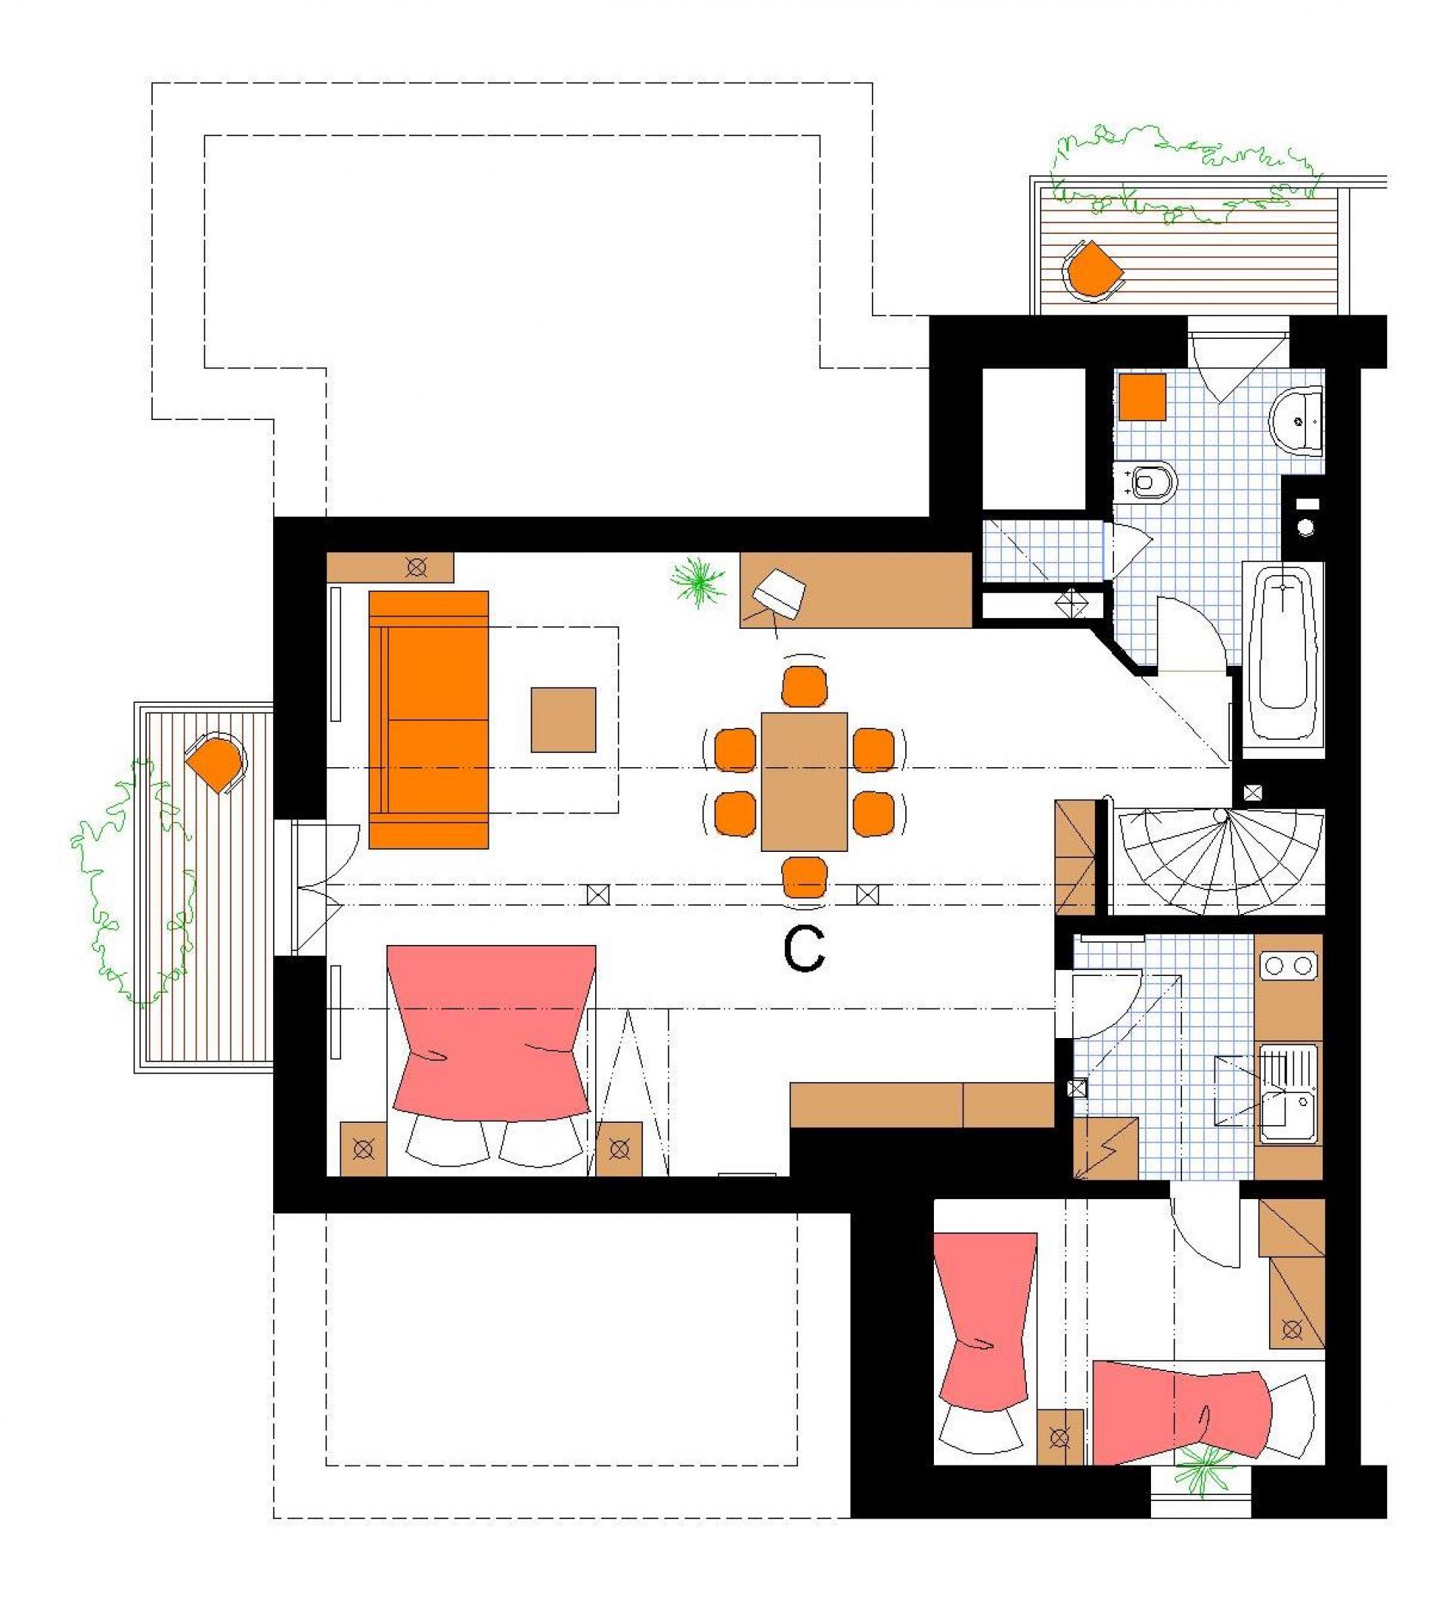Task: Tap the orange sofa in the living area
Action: pyautogui.click(x=429, y=720)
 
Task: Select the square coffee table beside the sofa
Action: pyautogui.click(x=563, y=720)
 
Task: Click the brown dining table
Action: pyautogui.click(x=804, y=782)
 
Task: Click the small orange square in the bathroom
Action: pyautogui.click(x=1143, y=396)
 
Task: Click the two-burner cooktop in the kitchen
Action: pyautogui.click(x=1288, y=967)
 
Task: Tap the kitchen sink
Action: pyautogui.click(x=1288, y=1097)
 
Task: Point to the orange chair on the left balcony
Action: pyautogui.click(x=216, y=763)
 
